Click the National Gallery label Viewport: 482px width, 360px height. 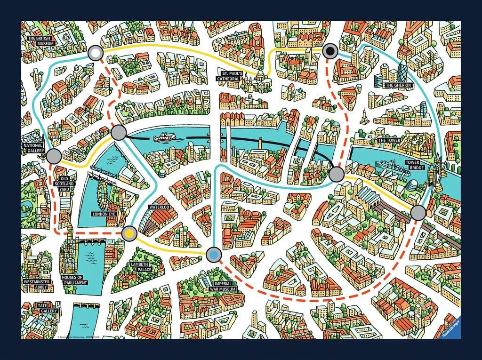[x=33, y=148]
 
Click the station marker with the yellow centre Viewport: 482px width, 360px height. [x=129, y=232]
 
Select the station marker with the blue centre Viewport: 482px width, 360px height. [x=214, y=254]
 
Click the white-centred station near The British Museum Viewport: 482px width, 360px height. [x=96, y=53]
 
